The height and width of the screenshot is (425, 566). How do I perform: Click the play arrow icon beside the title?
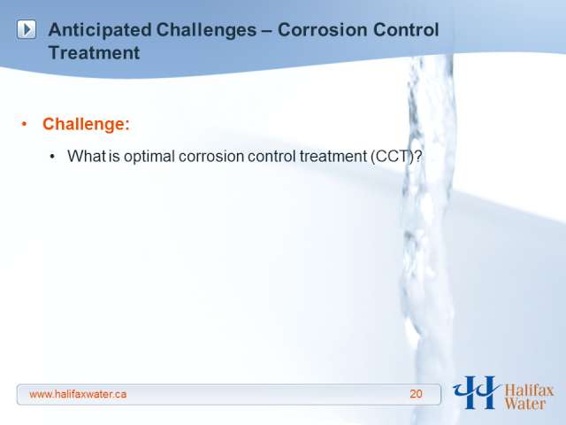click(x=27, y=29)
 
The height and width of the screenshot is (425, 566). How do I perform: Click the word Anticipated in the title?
click(x=100, y=30)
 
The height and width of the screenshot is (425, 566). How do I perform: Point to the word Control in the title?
click(x=406, y=29)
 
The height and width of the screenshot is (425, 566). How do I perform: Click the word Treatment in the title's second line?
click(x=94, y=53)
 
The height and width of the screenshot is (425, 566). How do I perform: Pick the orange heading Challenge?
click(x=86, y=124)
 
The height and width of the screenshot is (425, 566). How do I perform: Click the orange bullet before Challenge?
click(x=24, y=124)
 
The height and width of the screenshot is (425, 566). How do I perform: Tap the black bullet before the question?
click(x=53, y=157)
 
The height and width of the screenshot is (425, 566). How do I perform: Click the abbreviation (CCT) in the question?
click(x=392, y=157)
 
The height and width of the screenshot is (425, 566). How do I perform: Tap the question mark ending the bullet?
click(x=417, y=157)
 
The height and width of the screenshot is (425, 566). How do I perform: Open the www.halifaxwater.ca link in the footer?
click(x=78, y=394)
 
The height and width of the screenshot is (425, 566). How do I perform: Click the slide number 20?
click(x=416, y=394)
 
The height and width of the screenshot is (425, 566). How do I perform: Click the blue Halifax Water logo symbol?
click(x=476, y=392)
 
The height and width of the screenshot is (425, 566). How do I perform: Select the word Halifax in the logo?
click(x=529, y=390)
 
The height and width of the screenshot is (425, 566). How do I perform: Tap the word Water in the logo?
click(x=524, y=404)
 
